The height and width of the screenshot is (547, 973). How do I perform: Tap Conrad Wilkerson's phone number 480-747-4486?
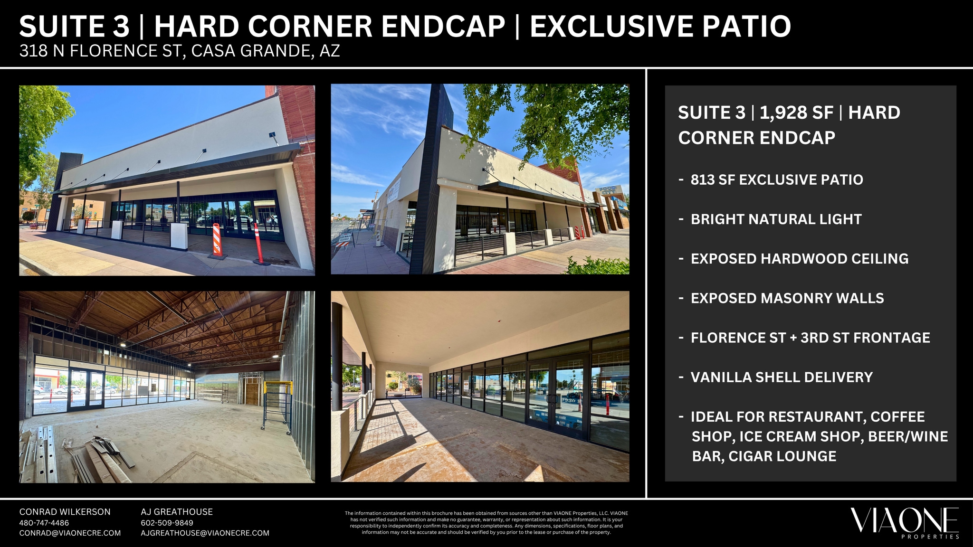click(44, 523)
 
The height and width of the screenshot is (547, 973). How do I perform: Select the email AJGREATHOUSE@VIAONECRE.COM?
click(205, 533)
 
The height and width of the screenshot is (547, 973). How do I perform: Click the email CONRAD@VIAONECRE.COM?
click(70, 533)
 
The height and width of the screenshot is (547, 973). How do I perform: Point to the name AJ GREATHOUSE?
click(177, 512)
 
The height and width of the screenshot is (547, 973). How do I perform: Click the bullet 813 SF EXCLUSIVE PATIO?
click(777, 179)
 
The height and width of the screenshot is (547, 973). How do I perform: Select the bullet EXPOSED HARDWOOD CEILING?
click(800, 258)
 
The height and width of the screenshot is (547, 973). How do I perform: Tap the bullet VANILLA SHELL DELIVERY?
click(782, 377)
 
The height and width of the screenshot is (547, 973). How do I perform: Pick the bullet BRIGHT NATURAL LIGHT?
click(776, 219)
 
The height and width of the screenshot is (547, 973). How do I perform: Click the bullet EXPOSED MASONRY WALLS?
click(787, 298)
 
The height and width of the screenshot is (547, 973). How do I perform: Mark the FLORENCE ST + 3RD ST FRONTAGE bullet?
click(811, 337)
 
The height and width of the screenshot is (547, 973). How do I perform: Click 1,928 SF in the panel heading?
click(796, 113)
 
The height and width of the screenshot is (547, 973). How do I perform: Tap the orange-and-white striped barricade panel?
click(216, 239)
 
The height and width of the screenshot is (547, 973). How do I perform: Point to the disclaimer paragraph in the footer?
click(486, 523)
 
